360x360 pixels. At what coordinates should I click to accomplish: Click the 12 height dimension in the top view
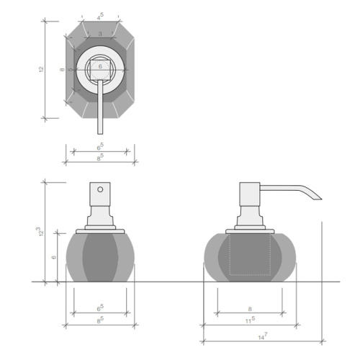[x=42, y=70]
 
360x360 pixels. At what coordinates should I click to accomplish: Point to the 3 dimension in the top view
[x=100, y=34]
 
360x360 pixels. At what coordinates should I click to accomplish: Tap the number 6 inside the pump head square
[x=100, y=66]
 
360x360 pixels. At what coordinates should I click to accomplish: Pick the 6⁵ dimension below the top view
[x=101, y=146]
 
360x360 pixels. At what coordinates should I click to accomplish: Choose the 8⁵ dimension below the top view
[x=101, y=157]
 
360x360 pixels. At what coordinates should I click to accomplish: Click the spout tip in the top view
[x=100, y=131]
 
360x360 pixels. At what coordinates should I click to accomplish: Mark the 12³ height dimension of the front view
[x=42, y=232]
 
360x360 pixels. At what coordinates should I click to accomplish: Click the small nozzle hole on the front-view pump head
[x=101, y=192]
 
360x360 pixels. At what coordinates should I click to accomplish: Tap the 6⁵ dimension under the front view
[x=101, y=308]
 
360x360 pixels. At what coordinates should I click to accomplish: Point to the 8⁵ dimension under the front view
[x=101, y=319]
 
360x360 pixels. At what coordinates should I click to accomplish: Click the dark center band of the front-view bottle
[x=101, y=256]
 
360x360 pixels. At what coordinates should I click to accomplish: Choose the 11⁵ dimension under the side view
[x=250, y=319]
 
